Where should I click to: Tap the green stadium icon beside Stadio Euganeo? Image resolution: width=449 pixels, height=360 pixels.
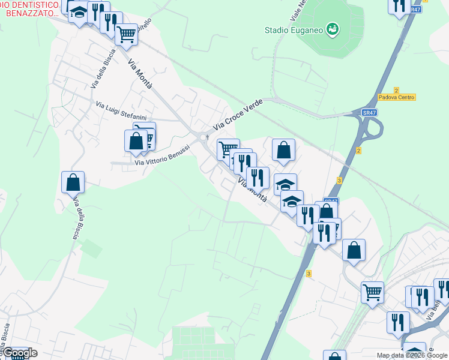[x=332, y=29]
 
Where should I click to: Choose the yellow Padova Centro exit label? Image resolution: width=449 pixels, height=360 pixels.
[x=397, y=97]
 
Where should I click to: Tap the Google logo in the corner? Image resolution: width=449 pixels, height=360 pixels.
[x=19, y=353]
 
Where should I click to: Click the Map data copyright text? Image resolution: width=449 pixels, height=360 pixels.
[x=412, y=355]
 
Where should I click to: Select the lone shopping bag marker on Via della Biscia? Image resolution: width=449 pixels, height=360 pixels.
[x=73, y=181]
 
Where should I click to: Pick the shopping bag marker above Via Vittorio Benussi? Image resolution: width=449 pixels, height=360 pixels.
[x=136, y=140]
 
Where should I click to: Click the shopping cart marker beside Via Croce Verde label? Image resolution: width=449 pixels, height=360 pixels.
[x=228, y=149]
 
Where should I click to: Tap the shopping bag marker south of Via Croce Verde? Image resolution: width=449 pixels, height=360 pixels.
[x=283, y=150]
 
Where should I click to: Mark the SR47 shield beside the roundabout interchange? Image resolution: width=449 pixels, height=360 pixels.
[x=369, y=112]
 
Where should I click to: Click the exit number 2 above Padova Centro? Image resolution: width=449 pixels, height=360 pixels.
[x=396, y=89]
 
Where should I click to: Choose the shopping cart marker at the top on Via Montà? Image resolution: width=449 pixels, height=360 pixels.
[x=126, y=34]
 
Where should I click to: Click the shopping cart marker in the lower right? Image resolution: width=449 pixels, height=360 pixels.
[x=372, y=293]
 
